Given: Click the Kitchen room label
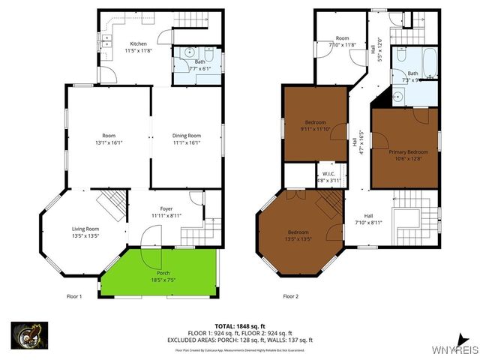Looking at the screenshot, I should point(138,47).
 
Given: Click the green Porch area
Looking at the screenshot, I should point(159,270).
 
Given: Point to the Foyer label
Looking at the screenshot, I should point(166,212).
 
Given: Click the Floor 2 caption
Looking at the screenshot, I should point(291,296).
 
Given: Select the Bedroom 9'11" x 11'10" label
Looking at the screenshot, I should point(315,125).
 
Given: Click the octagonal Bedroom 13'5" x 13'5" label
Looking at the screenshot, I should point(298,235).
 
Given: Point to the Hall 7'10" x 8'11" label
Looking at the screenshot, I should point(369,218).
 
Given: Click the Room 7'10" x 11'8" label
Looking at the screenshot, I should point(343,41).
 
